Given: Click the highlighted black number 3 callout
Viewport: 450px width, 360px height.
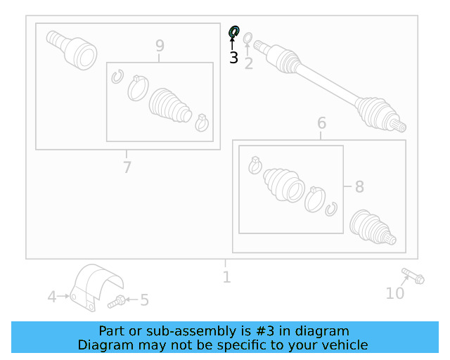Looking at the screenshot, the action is (233, 58).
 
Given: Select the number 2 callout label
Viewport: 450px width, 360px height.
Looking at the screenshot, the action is (248, 63).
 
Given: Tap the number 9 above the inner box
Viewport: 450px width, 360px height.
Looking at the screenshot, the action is (160, 46).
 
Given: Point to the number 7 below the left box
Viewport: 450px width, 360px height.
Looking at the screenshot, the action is (127, 167).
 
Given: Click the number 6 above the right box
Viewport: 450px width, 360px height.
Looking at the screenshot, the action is (322, 123).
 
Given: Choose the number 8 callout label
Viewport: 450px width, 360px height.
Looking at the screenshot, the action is (359, 186).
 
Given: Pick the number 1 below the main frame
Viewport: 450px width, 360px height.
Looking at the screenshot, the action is (226, 277).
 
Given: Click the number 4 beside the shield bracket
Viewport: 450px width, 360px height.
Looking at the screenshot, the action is (51, 297).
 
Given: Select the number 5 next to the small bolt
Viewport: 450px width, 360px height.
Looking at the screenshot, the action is (144, 300).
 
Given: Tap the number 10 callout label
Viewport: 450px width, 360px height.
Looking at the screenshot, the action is (395, 293).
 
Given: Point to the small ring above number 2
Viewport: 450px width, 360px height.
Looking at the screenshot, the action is (248, 38).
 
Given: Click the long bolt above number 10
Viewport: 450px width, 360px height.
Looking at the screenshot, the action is (413, 276).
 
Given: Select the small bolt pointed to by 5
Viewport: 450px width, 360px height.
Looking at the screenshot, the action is (117, 302).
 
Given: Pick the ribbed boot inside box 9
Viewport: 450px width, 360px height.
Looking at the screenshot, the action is (170, 105).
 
